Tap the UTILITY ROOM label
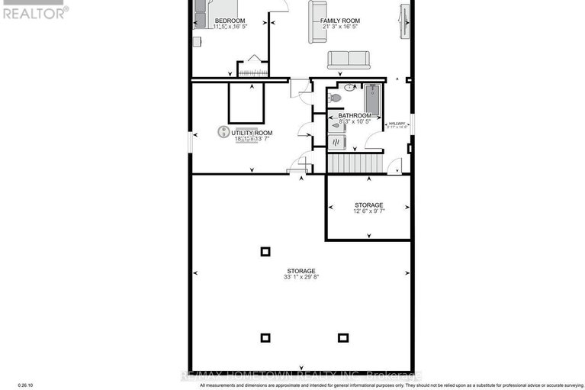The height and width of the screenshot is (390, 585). point(252,133)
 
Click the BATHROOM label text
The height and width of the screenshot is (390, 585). point(355,115)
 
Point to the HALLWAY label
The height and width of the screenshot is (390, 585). point(397,124)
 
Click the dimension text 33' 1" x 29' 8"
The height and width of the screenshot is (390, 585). point(301,279)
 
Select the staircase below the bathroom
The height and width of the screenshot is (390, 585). point(353,163)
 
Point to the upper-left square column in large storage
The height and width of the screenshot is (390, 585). point(265,251)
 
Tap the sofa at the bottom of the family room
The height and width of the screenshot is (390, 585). point(349,60)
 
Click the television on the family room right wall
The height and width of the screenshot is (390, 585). point(404,17)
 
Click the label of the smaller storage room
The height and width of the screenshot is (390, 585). point(368,205)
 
